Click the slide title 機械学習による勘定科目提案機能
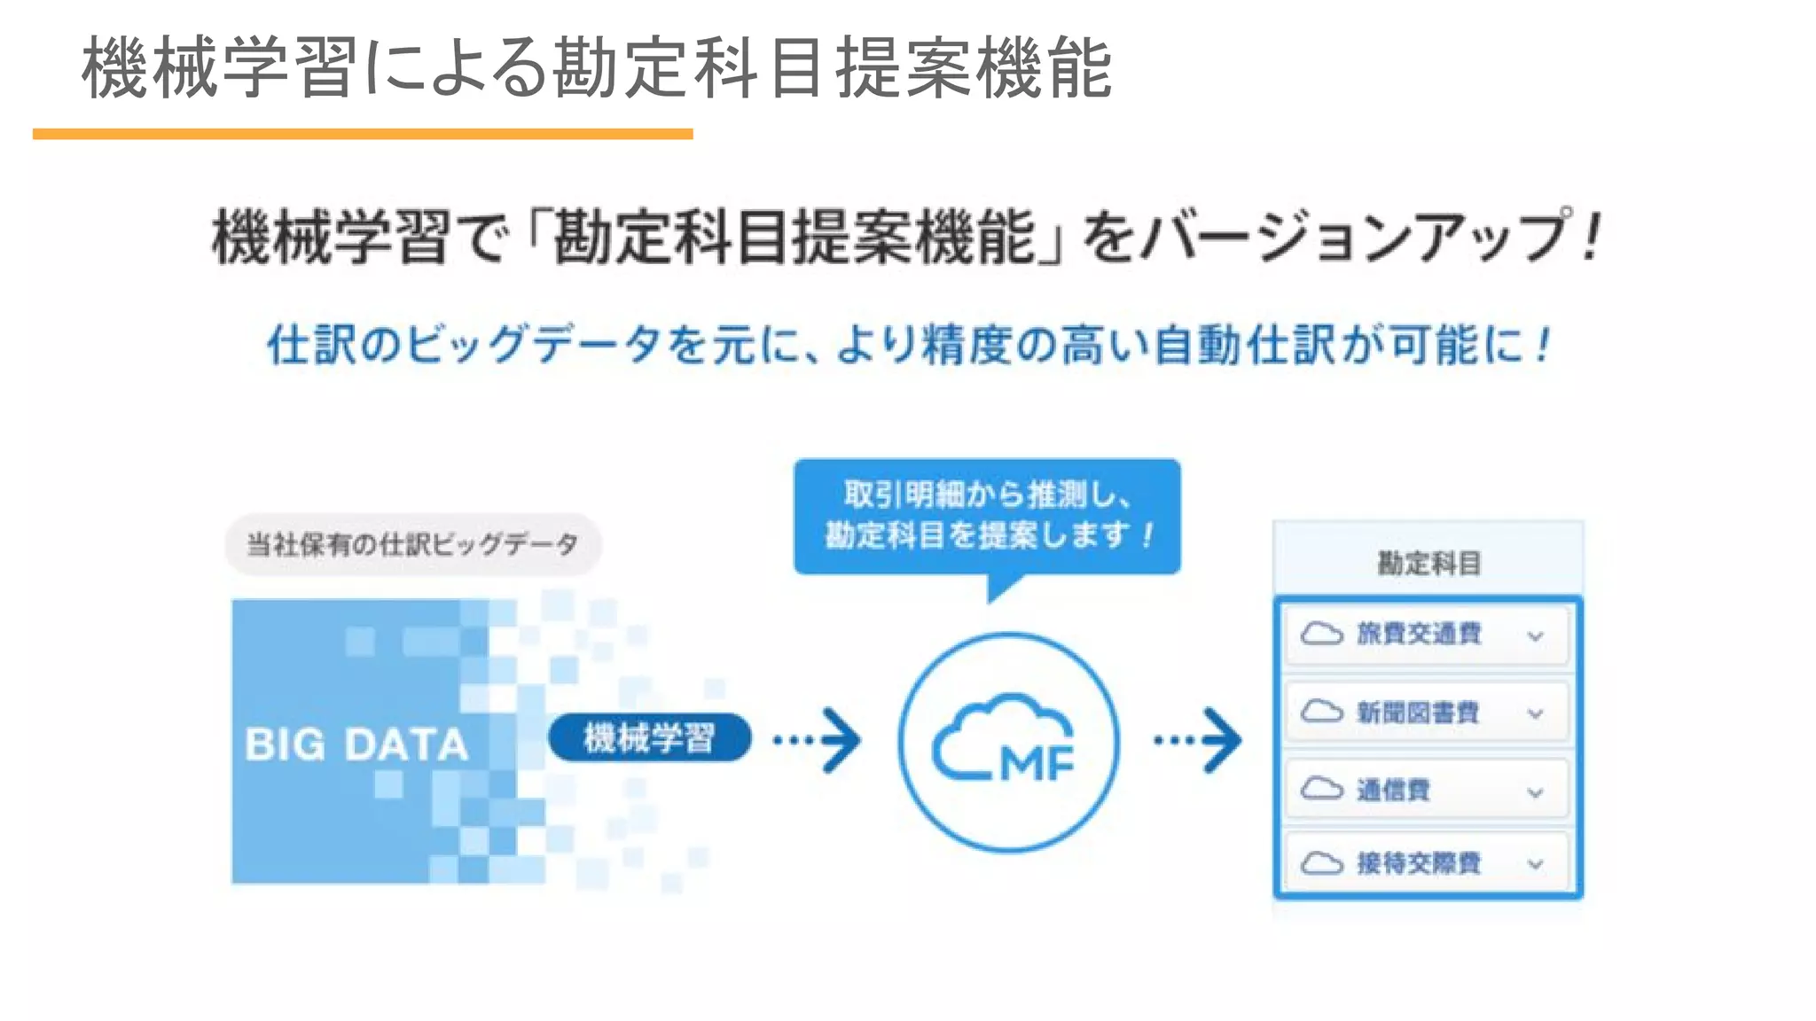pos(596,67)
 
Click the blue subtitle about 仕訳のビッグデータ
pos(909,345)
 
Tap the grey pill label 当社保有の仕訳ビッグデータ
pos(412,544)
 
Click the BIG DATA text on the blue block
pos(356,744)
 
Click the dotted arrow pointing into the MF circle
pos(817,740)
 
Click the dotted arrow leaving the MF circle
pos(1198,740)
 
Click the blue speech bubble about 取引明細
pos(987,516)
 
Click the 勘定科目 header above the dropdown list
pos(1429,563)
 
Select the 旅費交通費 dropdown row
pos(1427,635)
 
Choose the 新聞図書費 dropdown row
pos(1427,713)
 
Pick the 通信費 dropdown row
pos(1427,790)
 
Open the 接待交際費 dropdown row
pos(1427,863)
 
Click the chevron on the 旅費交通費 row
pos(1536,636)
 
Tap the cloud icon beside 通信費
pos(1322,788)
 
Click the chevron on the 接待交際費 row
pos(1536,865)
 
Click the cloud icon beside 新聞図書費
pos(1322,711)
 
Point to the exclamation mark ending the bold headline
pos(1593,236)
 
